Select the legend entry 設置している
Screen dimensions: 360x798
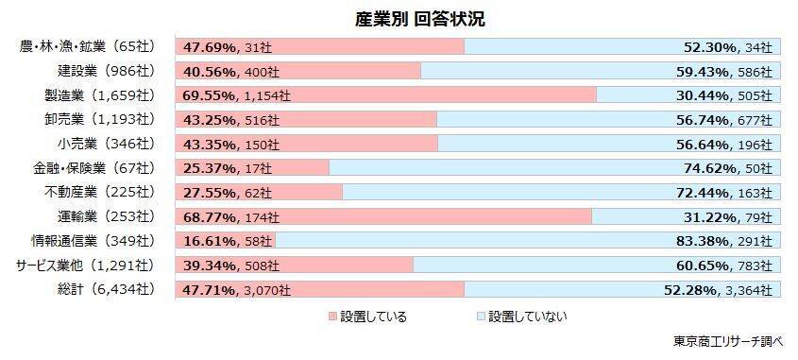pos(367,317)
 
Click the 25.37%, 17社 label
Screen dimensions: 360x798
pos(228,168)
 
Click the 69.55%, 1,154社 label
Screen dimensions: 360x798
pos(236,95)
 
